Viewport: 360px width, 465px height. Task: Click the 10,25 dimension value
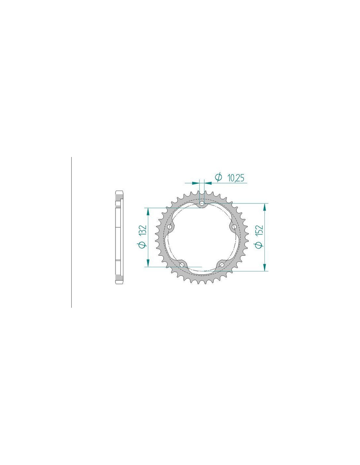coord(236,178)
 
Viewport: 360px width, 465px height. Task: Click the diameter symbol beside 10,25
coord(218,177)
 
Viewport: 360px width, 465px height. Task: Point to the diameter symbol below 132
coord(143,244)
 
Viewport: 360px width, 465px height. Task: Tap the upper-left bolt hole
coord(171,226)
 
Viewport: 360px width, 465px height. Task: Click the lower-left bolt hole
coord(182,265)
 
